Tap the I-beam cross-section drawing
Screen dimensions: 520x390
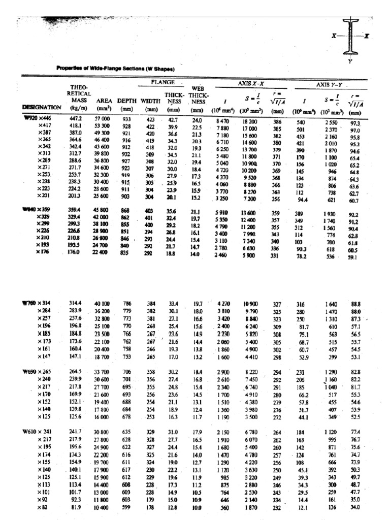350,37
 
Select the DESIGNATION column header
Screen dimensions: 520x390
42,108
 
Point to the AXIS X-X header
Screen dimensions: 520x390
250,82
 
